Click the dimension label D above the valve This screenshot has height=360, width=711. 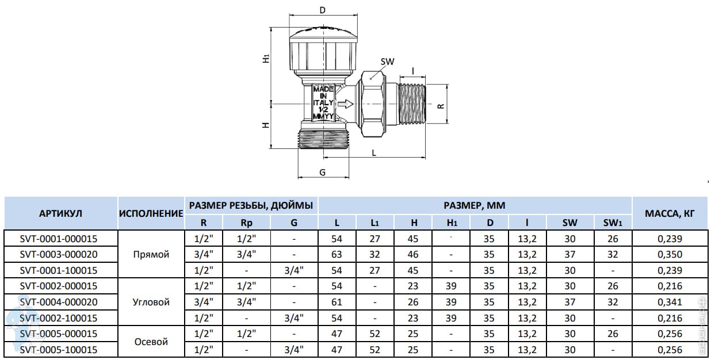click(x=323, y=10)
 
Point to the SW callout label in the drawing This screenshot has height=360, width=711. click(x=387, y=62)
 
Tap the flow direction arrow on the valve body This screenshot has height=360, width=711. click(x=345, y=104)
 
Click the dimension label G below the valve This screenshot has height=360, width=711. click(x=323, y=173)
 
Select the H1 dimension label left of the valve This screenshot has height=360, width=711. click(x=266, y=59)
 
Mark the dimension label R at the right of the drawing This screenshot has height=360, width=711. click(x=441, y=106)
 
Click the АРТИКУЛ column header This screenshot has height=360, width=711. click(x=60, y=213)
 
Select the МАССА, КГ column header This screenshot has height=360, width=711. click(x=670, y=213)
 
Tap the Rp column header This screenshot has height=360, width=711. click(x=246, y=223)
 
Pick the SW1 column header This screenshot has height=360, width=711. click(x=613, y=223)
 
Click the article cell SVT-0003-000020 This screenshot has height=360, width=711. click(x=59, y=254)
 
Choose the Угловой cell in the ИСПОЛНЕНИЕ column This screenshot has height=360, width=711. click(x=151, y=302)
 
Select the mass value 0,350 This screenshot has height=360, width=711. click(x=670, y=255)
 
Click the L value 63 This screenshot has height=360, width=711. click(x=337, y=254)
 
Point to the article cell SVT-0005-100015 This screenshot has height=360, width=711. click(x=59, y=350)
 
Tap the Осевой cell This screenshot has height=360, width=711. click(x=151, y=342)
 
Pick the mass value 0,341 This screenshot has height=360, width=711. click(x=670, y=302)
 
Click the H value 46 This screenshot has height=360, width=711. click(x=413, y=254)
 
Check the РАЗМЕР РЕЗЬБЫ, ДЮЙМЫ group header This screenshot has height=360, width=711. click(x=251, y=205)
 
